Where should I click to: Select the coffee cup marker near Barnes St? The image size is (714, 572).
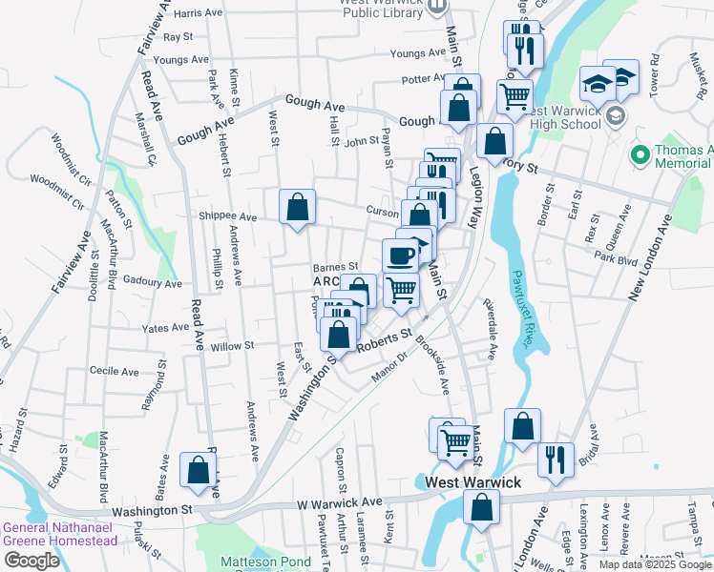click(400, 255)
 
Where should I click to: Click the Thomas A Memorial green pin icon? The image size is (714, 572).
click(638, 153)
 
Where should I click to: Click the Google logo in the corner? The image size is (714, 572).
click(31, 561)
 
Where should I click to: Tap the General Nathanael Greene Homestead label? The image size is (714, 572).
click(59, 534)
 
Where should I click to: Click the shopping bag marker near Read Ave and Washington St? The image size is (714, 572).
click(198, 471)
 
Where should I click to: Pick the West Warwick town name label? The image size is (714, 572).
click(473, 482)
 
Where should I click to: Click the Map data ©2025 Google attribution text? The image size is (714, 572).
click(654, 564)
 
